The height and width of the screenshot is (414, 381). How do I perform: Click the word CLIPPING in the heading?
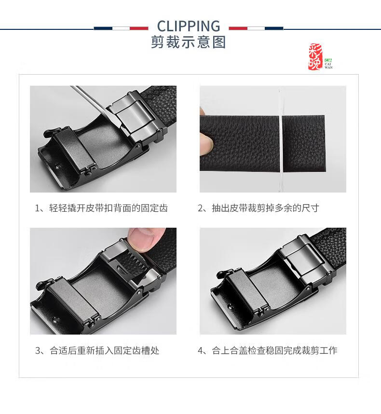[189, 26]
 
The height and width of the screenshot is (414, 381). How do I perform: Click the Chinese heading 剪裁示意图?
[189, 42]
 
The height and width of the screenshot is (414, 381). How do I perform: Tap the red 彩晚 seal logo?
[315, 57]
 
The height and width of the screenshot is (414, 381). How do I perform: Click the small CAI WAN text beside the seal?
[328, 65]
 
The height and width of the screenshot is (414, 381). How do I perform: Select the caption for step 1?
[101, 208]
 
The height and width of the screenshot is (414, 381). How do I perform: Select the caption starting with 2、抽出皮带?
[258, 208]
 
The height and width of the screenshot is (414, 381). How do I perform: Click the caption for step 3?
[97, 350]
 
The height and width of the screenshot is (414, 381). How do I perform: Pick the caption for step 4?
[268, 350]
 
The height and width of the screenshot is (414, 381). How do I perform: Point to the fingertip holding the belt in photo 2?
[206, 143]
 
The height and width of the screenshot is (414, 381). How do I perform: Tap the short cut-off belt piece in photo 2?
[303, 143]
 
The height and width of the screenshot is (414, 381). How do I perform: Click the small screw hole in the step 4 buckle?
[231, 307]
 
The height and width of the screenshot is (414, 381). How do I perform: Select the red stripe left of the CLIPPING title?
[139, 28]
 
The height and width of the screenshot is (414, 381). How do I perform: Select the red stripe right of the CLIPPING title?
[238, 28]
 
